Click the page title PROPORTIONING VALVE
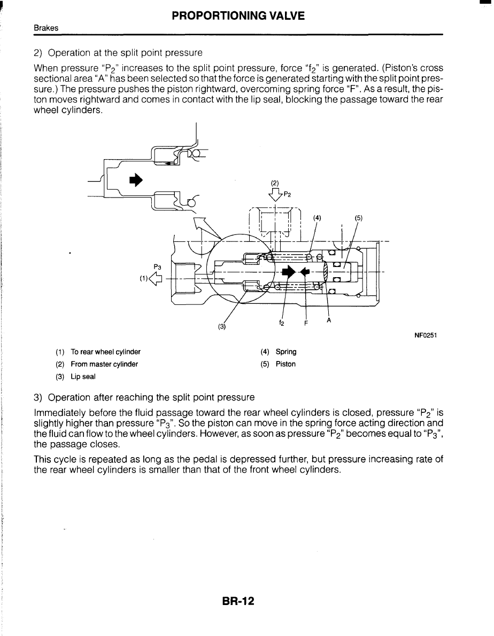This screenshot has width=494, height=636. (x=238, y=16)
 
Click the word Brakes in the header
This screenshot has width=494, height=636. (x=45, y=28)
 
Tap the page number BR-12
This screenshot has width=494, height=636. (x=238, y=602)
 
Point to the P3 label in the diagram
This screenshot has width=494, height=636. (x=157, y=266)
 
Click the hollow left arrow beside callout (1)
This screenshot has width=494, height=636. (x=156, y=277)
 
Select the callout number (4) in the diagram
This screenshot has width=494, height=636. (x=317, y=218)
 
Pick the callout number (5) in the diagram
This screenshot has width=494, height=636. (x=358, y=218)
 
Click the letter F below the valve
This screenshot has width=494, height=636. (x=306, y=323)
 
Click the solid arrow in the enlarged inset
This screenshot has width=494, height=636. (x=136, y=180)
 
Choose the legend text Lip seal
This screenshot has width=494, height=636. (x=83, y=376)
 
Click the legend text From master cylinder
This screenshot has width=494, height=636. (x=104, y=364)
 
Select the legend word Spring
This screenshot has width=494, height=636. (x=286, y=352)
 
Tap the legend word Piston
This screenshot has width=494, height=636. (x=285, y=364)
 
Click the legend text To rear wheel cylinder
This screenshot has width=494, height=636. (x=105, y=352)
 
